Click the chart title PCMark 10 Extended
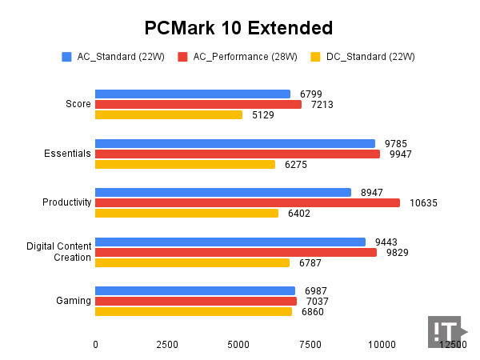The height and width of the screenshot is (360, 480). (238, 29)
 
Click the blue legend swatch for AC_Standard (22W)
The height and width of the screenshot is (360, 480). (66, 57)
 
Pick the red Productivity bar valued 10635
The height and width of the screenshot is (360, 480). (247, 202)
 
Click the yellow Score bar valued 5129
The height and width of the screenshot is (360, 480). (169, 114)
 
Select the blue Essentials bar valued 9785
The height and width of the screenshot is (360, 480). (235, 143)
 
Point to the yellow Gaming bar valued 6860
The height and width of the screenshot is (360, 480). (194, 311)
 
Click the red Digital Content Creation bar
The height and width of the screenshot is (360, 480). (236, 252)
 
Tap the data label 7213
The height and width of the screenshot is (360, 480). (321, 105)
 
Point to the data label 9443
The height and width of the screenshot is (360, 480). (385, 242)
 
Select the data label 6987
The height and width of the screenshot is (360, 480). (314, 291)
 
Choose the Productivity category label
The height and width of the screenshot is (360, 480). (66, 202)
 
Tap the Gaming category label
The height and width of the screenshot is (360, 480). (73, 301)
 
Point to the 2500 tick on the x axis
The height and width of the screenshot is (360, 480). (166, 344)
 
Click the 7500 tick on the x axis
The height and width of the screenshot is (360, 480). (310, 344)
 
